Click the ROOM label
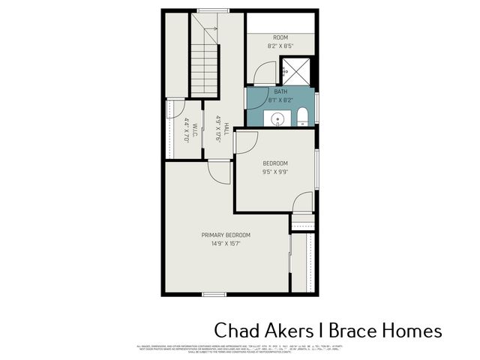coord(280,37)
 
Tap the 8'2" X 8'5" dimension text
coord(280,46)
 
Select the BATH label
coord(280,91)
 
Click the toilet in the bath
coord(302,116)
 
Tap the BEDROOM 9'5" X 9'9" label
coord(274,167)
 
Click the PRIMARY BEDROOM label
coord(226,235)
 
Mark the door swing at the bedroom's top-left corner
coord(247,142)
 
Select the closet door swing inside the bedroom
coord(302,203)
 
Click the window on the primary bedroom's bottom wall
coord(214,294)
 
